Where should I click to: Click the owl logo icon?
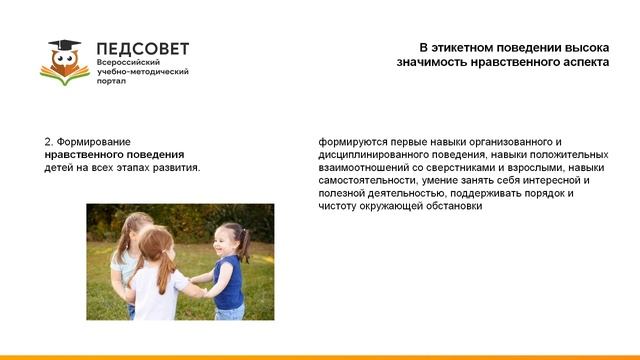coord(64,63)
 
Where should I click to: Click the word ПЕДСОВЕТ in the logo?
coord(142,49)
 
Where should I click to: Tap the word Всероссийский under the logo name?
coord(127,63)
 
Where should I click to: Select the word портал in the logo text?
coord(112,83)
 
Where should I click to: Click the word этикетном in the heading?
coord(473,47)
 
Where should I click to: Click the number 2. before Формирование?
coord(49,142)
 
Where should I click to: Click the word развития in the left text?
coord(175,168)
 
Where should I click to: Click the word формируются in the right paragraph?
coord(350,142)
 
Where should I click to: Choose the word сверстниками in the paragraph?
coord(463,168)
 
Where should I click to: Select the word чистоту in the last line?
coord(338,207)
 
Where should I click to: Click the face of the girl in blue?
coord(226,241)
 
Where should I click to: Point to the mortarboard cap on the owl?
coord(64,46)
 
